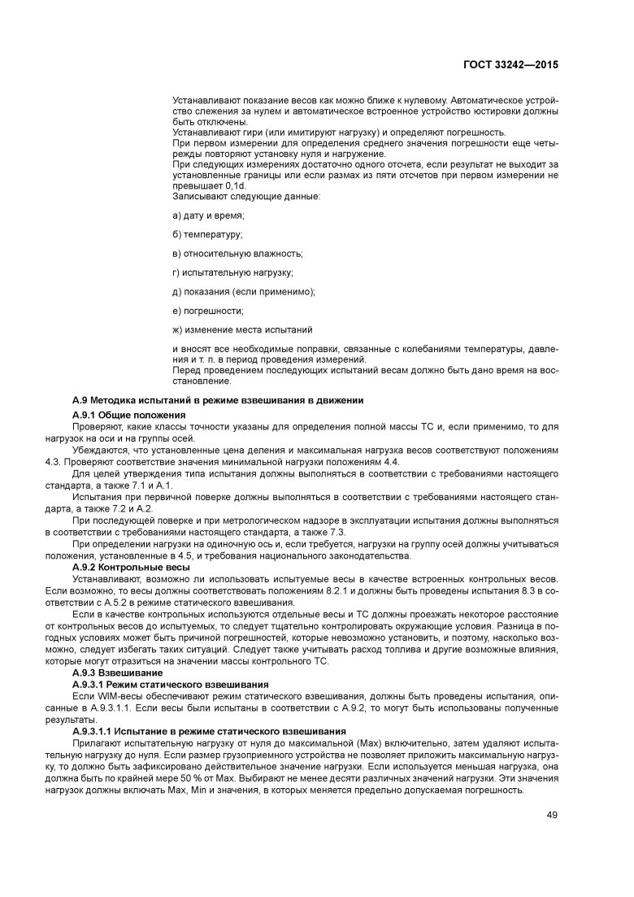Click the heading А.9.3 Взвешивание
click(118, 673)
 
